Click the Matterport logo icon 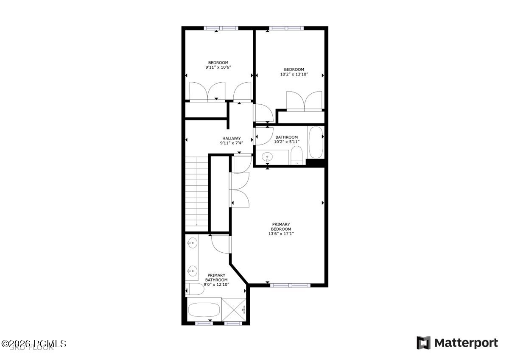(423, 343)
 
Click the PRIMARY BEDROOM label (281, 226)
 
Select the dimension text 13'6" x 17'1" (281, 234)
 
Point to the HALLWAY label (232, 138)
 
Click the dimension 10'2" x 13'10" (294, 74)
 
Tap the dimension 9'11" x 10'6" (218, 67)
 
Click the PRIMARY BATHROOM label (216, 277)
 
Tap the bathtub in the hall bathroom (316, 142)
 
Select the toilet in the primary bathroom (195, 290)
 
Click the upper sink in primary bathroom (192, 244)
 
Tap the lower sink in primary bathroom (192, 270)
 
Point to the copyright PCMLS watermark (34, 343)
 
